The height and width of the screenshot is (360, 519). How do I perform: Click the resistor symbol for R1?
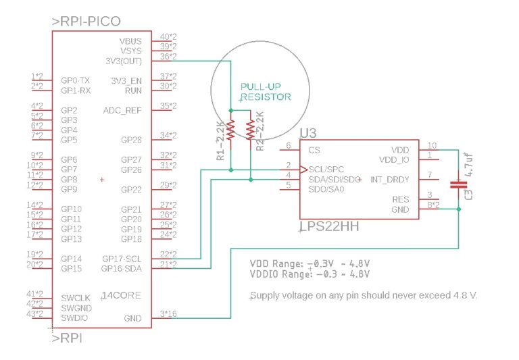coord(230,130)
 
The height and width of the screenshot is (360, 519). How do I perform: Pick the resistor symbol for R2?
coord(251,130)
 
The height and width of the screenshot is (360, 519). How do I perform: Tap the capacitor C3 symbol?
coord(459,182)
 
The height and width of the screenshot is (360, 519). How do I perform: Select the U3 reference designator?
coord(309,134)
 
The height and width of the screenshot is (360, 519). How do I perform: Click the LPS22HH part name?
coord(329,227)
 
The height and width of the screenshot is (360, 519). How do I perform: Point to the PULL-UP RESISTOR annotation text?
coord(266,92)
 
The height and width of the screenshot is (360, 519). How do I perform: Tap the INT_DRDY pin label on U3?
coord(389,179)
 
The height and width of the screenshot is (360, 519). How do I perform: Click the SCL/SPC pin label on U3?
coord(325,169)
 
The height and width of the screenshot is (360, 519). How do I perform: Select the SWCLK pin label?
coord(74,298)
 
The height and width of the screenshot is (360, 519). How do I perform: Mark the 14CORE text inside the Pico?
coord(122,295)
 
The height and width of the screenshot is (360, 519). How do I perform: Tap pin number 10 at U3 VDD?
coord(432,145)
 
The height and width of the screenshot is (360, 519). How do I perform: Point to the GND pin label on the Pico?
coord(132,317)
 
